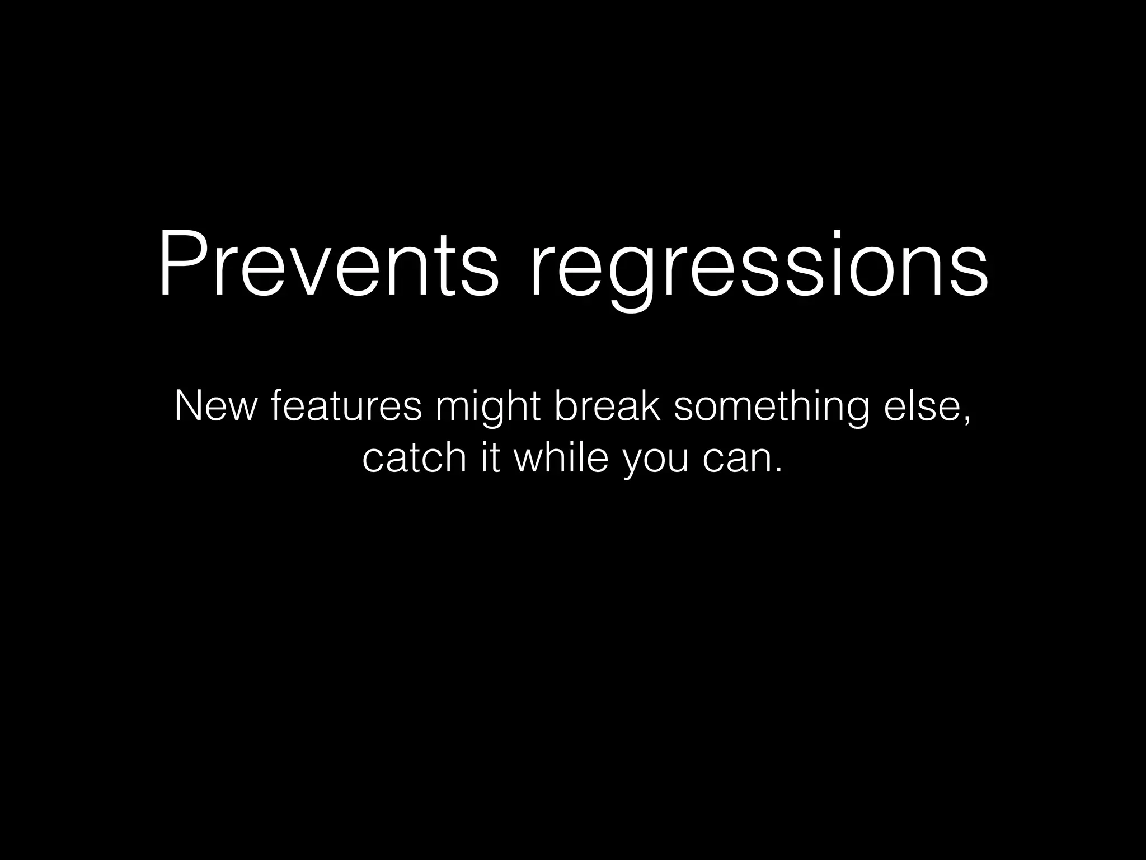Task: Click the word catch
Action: [x=414, y=457]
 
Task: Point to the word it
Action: [x=491, y=457]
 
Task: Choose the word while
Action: [x=561, y=457]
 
